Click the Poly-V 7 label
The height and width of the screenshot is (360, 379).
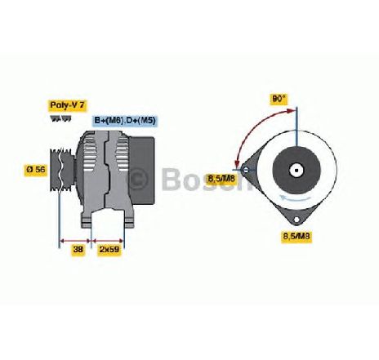(68, 105)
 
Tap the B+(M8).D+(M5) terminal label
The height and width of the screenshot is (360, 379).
(125, 120)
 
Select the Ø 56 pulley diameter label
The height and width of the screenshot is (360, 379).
(36, 170)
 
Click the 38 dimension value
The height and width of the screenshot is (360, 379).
(78, 249)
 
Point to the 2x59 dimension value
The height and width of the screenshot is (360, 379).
(109, 249)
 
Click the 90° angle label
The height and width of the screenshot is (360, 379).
(279, 99)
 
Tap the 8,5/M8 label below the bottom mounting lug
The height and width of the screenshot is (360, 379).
(297, 236)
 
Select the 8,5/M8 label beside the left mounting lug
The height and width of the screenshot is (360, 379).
(221, 179)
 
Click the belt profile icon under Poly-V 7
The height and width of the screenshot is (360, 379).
(60, 118)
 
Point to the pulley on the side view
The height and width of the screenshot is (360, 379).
(62, 169)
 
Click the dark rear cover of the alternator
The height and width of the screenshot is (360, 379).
(141, 171)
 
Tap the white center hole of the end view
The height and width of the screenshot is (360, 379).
(297, 171)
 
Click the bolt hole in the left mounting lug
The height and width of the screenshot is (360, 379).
(246, 170)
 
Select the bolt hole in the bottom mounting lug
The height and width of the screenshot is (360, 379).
(297, 220)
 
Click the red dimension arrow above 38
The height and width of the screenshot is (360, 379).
(75, 241)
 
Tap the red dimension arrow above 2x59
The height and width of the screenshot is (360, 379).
(108, 241)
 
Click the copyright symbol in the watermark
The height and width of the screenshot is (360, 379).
(138, 178)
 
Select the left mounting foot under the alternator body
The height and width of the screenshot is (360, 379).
(87, 220)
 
